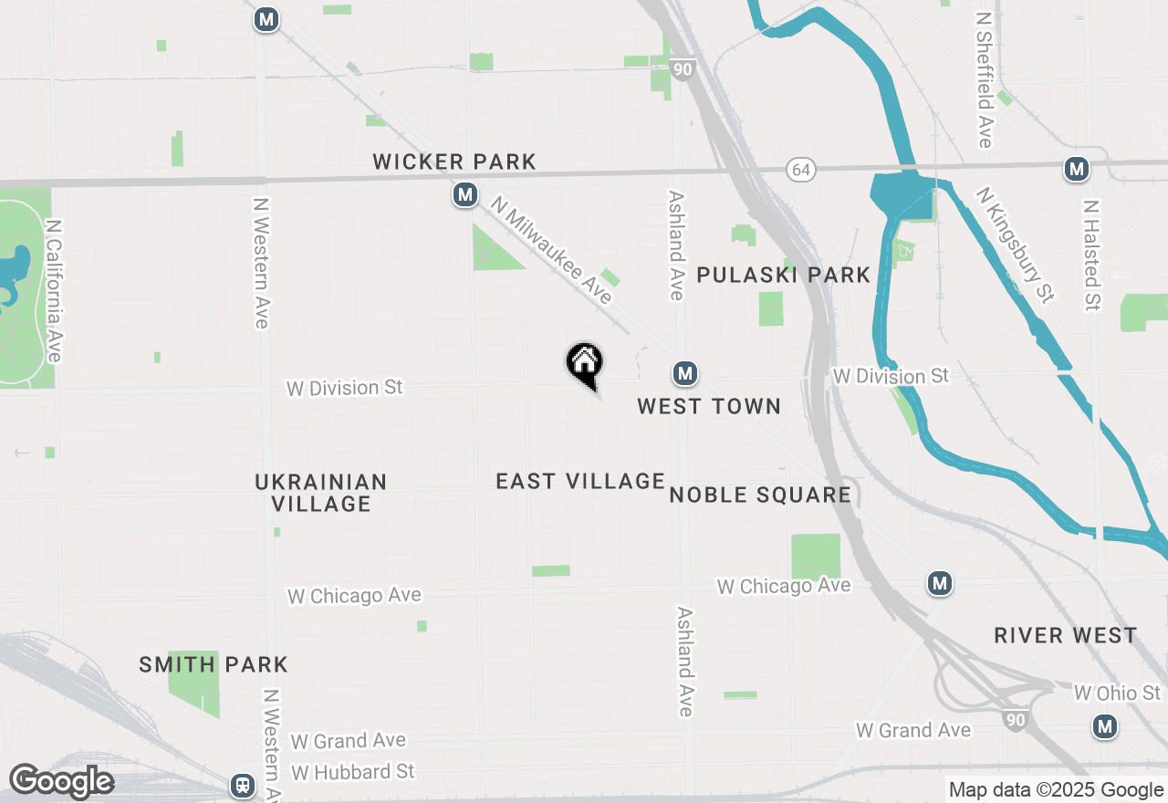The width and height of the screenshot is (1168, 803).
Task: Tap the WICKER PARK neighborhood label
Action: coord(454,162)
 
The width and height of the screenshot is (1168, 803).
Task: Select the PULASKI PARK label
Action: coord(783,275)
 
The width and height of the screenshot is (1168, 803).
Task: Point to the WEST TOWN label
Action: coord(709,406)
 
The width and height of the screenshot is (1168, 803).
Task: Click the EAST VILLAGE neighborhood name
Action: coord(580,481)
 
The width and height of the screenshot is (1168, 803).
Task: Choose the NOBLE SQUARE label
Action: coord(760,495)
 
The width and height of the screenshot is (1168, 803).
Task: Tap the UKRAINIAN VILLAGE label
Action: coord(321,493)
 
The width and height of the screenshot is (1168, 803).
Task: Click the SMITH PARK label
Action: coord(214,664)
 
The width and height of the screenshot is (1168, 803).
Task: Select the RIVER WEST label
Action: coord(1066,635)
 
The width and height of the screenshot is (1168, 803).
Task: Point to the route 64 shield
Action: coord(801,170)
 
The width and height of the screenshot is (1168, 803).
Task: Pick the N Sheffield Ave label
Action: coord(984,79)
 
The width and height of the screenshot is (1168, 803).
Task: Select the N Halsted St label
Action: coord(1091,255)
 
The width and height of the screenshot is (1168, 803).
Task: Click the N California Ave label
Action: coord(54,290)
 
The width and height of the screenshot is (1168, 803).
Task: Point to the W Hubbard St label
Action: coord(352,772)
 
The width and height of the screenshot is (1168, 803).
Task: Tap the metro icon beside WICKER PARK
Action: coord(466,194)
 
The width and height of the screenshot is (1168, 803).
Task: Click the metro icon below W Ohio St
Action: coord(1105,726)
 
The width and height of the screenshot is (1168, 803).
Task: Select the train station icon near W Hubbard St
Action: coord(243,785)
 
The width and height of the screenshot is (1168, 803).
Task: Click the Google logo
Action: coord(61,782)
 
